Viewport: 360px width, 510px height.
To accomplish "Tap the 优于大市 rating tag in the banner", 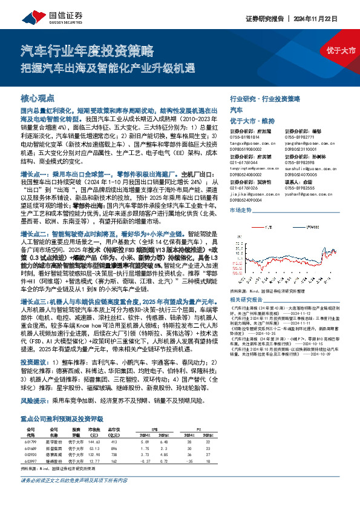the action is (x=341, y=50).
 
